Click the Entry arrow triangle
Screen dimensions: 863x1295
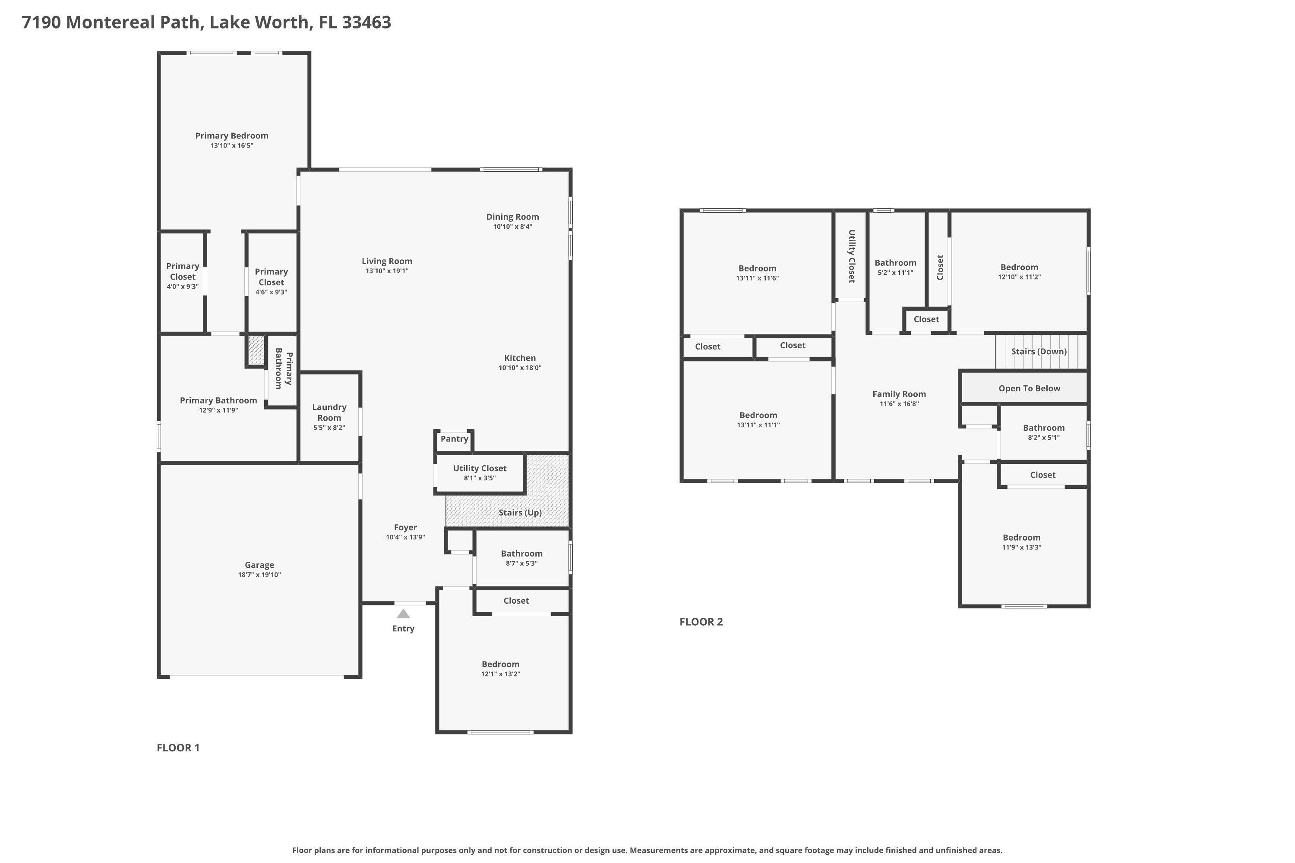tap(403, 614)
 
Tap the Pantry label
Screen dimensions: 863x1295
tap(454, 439)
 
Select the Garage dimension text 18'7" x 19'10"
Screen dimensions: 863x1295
tap(259, 575)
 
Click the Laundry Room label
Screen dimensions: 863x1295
tap(329, 412)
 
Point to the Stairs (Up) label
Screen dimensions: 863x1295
tap(520, 513)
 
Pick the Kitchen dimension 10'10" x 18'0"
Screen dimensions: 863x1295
tap(520, 368)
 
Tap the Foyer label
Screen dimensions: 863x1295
tap(405, 527)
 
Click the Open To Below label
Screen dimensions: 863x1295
tap(1029, 388)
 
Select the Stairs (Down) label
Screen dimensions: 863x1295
tap(1039, 351)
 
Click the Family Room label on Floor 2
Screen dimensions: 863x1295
tap(899, 394)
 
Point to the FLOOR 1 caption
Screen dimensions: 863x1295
tap(178, 747)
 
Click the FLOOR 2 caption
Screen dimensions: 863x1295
tap(701, 622)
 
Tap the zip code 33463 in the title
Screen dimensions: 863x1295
tap(366, 22)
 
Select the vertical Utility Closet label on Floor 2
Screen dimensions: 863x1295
tap(851, 256)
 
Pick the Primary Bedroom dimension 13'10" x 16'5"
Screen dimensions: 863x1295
tap(231, 145)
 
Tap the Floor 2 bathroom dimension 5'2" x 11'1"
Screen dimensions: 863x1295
tap(895, 272)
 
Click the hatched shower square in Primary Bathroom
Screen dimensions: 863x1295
tap(256, 350)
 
